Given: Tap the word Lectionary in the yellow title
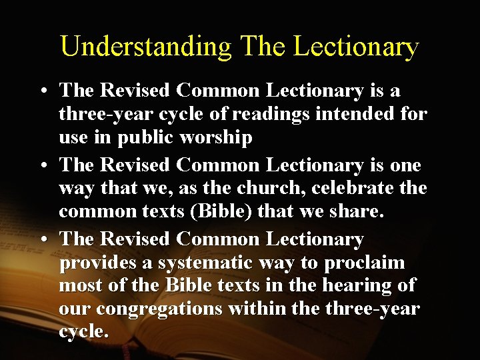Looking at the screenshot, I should point(357,47).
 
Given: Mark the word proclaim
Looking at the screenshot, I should point(365,263).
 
